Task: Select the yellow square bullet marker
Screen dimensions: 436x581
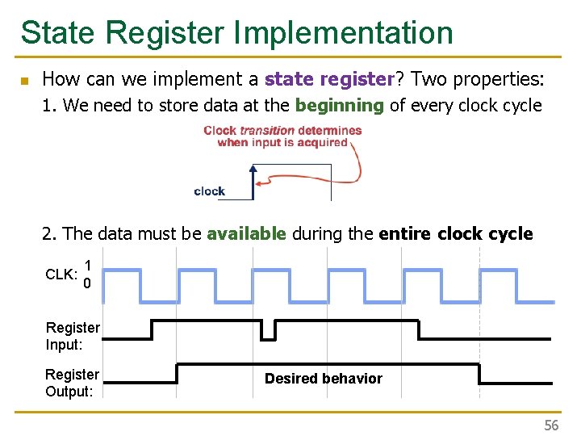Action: point(25,81)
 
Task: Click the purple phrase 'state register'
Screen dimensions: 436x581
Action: point(328,79)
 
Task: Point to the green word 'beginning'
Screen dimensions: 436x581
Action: point(340,105)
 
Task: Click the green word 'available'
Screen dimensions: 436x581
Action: point(246,234)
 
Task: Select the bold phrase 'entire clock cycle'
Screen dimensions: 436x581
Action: point(455,234)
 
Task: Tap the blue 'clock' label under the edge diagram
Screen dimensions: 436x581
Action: point(209,191)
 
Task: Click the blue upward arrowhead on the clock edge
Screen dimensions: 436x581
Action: point(252,170)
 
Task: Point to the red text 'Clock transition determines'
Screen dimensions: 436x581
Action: point(282,130)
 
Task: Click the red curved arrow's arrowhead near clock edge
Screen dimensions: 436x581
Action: point(260,184)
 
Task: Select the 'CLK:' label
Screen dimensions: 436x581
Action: point(61,275)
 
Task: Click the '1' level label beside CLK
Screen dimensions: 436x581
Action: point(87,265)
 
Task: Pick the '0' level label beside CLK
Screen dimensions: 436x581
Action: point(87,284)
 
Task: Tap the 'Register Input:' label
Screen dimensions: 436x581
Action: point(73,335)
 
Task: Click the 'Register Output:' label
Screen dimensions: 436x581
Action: point(72,383)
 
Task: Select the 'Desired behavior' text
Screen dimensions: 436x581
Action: point(323,379)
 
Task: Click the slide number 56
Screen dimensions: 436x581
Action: point(550,426)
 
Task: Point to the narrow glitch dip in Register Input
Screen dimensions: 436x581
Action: point(268,331)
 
